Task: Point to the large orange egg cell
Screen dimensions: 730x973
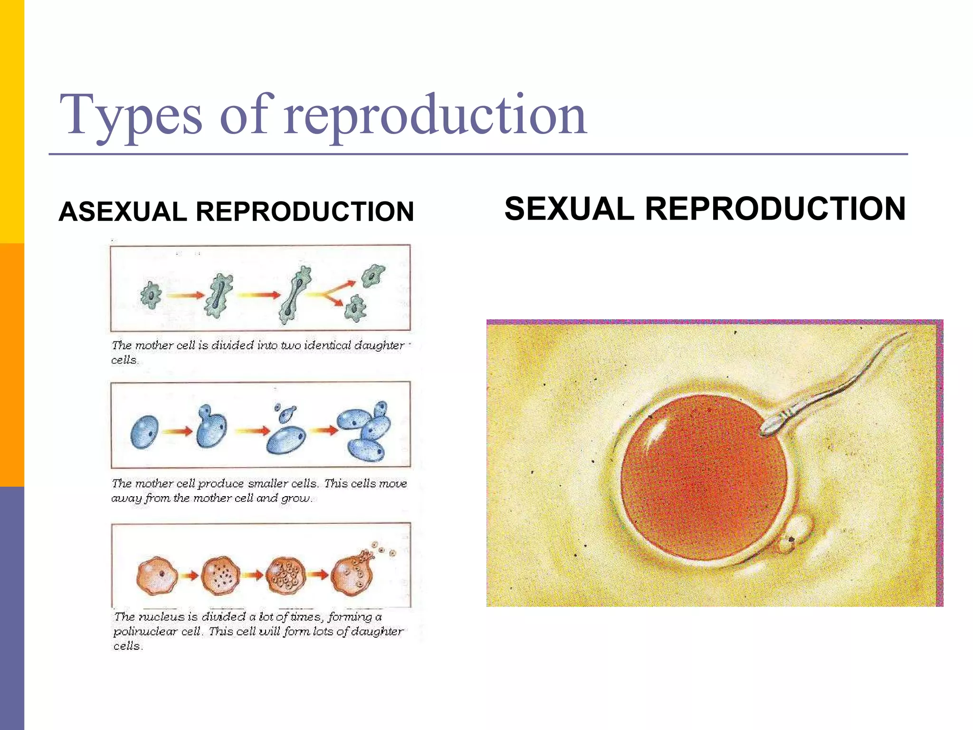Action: point(703,478)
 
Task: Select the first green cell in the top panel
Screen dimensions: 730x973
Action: point(151,295)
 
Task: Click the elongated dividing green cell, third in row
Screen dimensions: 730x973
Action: point(296,295)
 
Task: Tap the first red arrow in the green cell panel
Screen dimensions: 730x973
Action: point(185,296)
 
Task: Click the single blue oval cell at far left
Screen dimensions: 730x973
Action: point(144,432)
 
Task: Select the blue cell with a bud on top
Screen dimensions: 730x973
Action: point(210,427)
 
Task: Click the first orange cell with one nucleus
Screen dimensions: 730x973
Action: point(157,576)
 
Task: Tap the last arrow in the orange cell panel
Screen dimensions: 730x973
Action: point(318,575)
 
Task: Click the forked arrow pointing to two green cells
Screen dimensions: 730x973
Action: point(331,294)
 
